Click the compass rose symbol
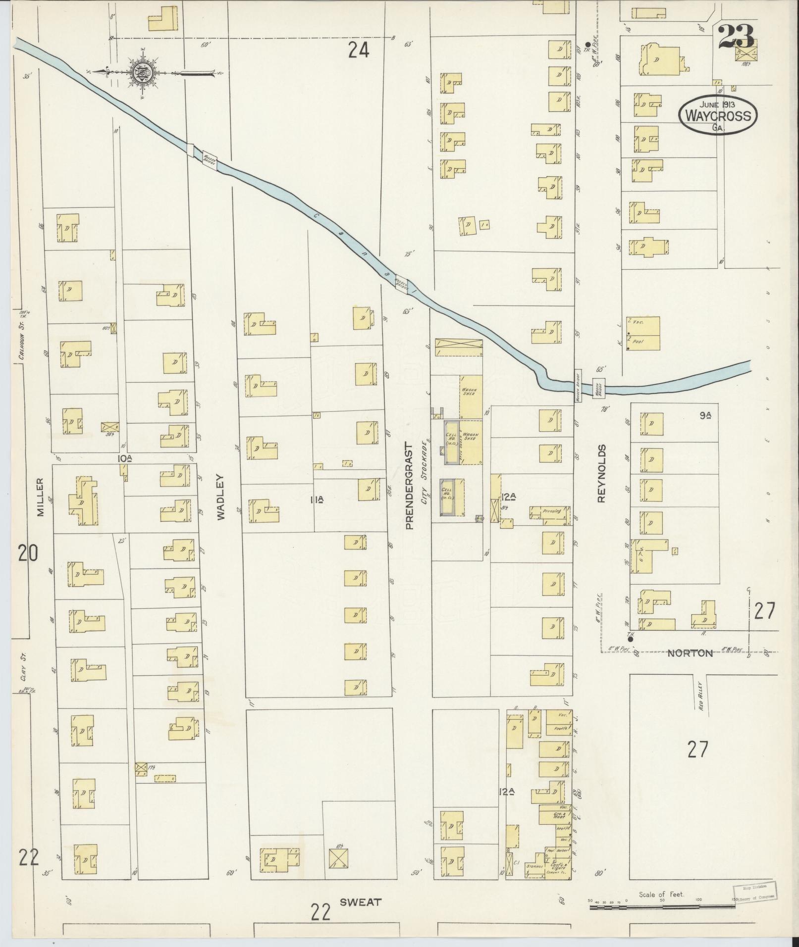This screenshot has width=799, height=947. tap(142, 73)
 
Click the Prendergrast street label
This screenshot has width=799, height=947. tap(409, 485)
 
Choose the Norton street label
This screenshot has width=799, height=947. tap(690, 653)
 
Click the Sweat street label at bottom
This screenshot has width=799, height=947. tap(360, 901)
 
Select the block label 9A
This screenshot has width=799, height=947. tap(706, 416)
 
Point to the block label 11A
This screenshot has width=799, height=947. tap(317, 500)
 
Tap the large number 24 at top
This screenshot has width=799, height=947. tap(358, 50)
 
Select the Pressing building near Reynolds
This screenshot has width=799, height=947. tap(550, 512)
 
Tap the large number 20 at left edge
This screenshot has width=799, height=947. tap(27, 553)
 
